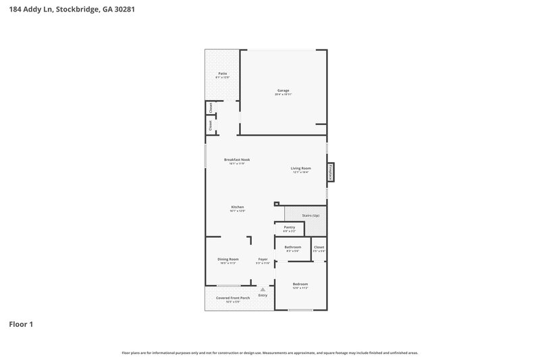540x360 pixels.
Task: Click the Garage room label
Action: (x=283, y=91)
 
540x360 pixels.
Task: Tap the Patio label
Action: (x=222, y=74)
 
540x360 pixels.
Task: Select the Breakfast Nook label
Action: (x=232, y=159)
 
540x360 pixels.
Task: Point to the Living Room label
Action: (x=300, y=168)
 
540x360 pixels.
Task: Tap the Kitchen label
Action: (x=237, y=207)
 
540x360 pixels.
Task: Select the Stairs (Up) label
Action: (x=310, y=215)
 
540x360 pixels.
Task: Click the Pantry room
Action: (x=290, y=228)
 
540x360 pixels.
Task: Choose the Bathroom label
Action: (x=292, y=248)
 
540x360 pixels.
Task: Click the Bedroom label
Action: (x=300, y=284)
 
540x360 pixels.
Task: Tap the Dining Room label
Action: (x=227, y=259)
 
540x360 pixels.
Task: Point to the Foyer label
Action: (x=263, y=259)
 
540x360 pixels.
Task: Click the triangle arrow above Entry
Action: (x=263, y=289)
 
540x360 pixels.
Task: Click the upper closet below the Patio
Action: (x=211, y=107)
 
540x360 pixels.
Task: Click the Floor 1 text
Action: (x=20, y=325)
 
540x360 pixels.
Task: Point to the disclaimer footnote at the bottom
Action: (x=270, y=353)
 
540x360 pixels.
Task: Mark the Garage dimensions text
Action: (x=283, y=95)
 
